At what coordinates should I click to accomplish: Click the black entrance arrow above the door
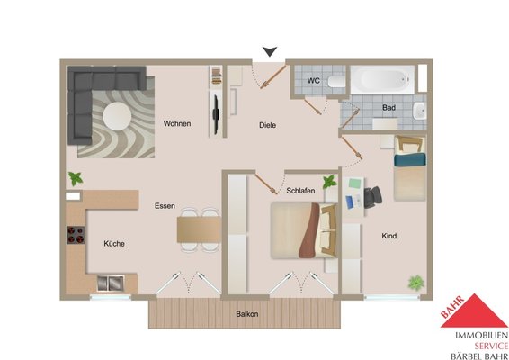tap(270, 51)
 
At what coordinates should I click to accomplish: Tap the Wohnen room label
tap(177, 123)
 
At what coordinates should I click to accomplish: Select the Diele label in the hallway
tap(267, 125)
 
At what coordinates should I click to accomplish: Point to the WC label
tap(313, 81)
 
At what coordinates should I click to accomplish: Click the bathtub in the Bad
tap(382, 79)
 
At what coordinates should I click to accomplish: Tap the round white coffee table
tap(117, 116)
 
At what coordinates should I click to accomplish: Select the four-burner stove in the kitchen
tap(76, 235)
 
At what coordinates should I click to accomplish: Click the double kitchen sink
tap(111, 283)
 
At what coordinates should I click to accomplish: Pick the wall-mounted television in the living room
tap(216, 114)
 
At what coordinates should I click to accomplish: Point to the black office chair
tap(372, 197)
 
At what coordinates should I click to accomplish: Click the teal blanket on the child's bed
tap(410, 159)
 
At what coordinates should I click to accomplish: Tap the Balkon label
tap(247, 314)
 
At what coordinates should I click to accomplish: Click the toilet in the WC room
tap(336, 81)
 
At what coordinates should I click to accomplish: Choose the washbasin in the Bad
tap(419, 112)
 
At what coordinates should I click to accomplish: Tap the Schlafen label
tap(300, 191)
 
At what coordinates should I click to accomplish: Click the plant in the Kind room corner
tap(415, 283)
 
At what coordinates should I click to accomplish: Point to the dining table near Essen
tap(199, 229)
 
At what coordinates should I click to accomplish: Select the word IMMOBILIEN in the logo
tap(481, 336)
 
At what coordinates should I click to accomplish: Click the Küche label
tap(114, 243)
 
